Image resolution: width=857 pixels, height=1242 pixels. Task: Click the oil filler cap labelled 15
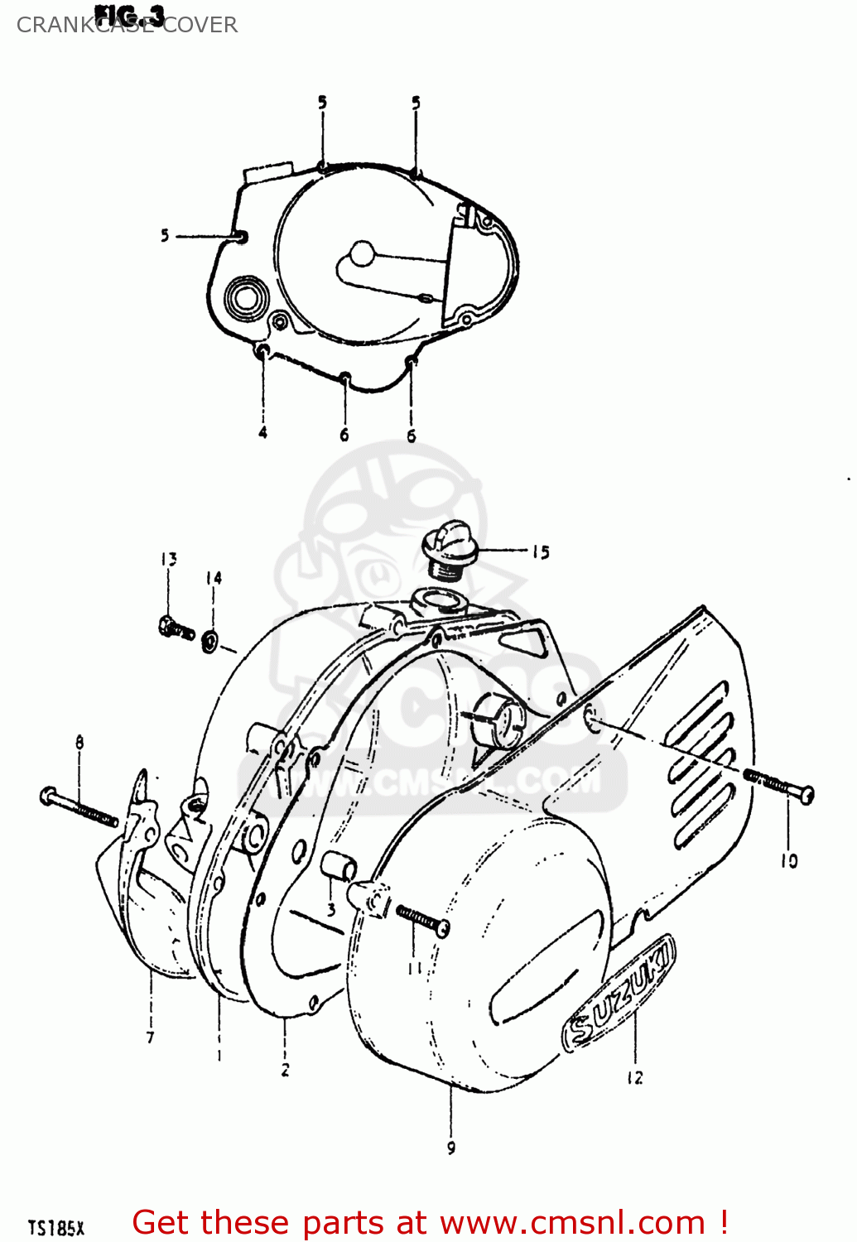click(447, 548)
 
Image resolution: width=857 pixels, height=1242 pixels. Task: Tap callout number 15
click(541, 552)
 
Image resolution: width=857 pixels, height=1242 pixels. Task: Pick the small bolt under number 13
click(176, 628)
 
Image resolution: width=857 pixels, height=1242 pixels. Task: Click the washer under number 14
click(210, 640)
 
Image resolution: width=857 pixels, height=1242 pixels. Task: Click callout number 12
click(634, 1077)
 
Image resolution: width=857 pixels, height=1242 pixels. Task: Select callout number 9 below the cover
click(451, 1148)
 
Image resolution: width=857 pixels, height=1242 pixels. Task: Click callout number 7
click(150, 1037)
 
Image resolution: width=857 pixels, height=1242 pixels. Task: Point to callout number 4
click(262, 432)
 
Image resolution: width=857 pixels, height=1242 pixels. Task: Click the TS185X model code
click(56, 1227)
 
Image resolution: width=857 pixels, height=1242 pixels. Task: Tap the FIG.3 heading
click(130, 14)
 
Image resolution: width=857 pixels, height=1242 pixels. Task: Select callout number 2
click(285, 1070)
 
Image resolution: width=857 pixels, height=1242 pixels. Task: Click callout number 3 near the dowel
click(330, 910)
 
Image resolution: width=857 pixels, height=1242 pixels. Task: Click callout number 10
click(789, 861)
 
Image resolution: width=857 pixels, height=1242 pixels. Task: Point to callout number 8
click(79, 742)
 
